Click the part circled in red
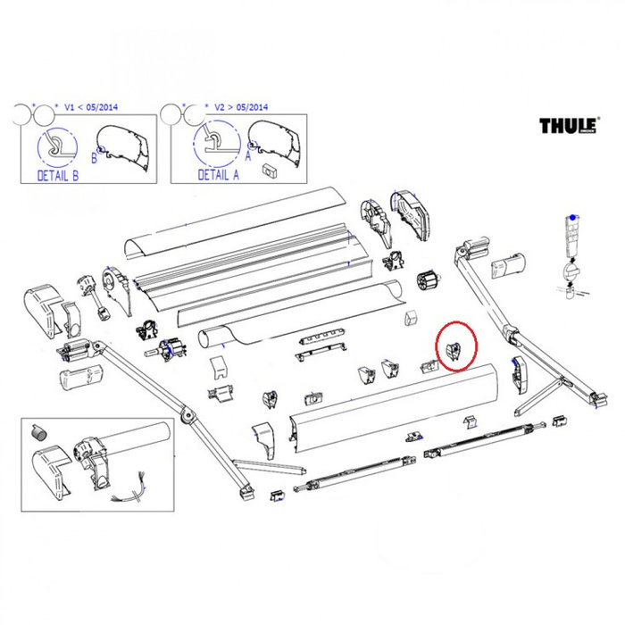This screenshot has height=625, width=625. tap(455, 351)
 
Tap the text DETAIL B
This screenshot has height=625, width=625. tap(57, 176)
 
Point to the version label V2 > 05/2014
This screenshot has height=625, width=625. tap(241, 107)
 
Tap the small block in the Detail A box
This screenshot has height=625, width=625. tap(268, 168)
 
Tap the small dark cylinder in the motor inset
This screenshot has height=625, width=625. tap(37, 432)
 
